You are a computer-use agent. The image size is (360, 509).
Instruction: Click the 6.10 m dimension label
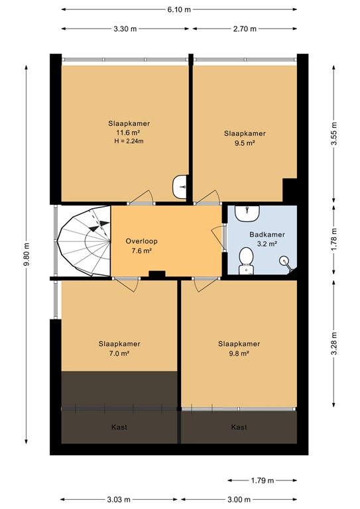pos(179,9)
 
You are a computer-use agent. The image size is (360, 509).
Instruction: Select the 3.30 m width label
pos(125,28)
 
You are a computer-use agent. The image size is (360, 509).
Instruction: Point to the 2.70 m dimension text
pos(244,28)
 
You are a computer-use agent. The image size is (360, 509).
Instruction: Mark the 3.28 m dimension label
pos(334,343)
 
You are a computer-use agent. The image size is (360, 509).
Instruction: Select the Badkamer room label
pos(267,235)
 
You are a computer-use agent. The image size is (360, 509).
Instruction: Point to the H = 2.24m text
pos(130,141)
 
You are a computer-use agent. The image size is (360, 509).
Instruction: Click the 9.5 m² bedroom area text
pos(239,142)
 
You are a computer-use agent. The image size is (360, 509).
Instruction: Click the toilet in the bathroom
pos(245,260)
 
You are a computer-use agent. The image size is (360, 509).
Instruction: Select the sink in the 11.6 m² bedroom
pos(180,187)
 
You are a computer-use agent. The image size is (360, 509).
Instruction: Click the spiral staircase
pos(84,241)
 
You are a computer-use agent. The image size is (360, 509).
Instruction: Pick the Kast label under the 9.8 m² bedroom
pos(239,427)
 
